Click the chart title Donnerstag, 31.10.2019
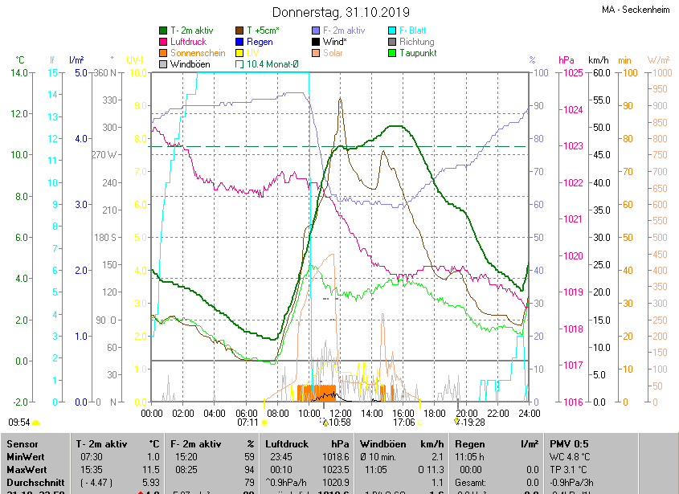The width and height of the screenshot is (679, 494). (341, 12)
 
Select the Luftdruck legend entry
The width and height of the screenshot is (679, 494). (188, 41)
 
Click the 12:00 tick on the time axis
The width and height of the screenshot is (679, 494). (341, 413)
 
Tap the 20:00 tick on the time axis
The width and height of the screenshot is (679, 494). (466, 413)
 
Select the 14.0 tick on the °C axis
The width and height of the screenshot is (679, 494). (19, 73)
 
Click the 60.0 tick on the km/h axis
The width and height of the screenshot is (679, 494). (599, 73)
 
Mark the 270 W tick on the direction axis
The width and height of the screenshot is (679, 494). (106, 155)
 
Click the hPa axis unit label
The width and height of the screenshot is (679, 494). (566, 60)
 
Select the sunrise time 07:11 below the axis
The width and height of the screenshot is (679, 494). (247, 422)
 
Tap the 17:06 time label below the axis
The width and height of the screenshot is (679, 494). (403, 422)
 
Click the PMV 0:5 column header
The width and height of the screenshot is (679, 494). (569, 443)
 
